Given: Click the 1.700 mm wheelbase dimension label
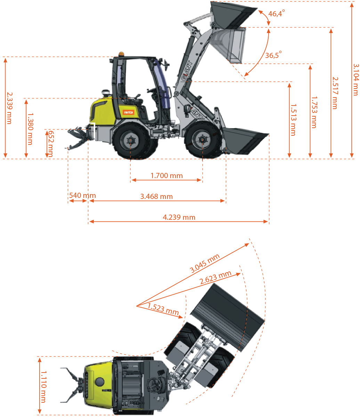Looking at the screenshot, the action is coord(166,176).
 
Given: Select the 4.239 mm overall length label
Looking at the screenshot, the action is coord(179,217).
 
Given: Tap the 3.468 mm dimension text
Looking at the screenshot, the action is coord(156,197).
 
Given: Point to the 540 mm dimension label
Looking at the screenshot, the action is coord(82,195).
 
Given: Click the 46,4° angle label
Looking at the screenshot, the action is coord(276,13).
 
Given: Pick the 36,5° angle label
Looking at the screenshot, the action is coord(273,55).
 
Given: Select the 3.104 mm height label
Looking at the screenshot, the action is coord(356,80).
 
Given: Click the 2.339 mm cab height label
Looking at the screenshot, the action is coord(9,108).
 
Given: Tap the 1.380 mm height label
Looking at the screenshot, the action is coord(30,129).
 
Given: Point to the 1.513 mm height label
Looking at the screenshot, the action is coord(293,120).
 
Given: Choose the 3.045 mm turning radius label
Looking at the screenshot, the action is coord(205,263).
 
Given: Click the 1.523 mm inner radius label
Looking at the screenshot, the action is coord(163,309).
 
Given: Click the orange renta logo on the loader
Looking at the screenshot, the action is coord(128,112).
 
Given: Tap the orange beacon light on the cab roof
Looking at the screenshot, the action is coord(121,54).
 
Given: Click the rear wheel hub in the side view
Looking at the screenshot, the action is coord(130,140).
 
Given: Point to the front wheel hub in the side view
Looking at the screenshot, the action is coord(202,140).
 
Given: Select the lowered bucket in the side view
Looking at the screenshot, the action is coord(245,141).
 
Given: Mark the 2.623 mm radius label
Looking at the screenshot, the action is coord(215,277).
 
